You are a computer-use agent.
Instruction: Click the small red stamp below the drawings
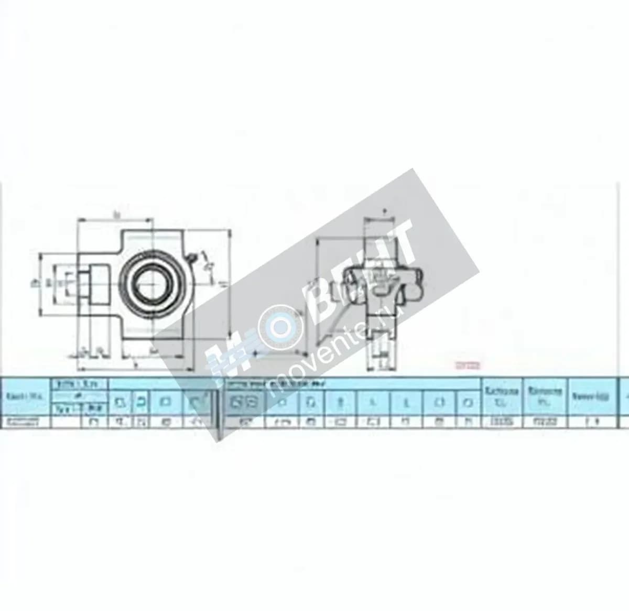465,366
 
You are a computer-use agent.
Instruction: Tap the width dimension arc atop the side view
384,219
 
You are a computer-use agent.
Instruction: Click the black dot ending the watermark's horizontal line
256,354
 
